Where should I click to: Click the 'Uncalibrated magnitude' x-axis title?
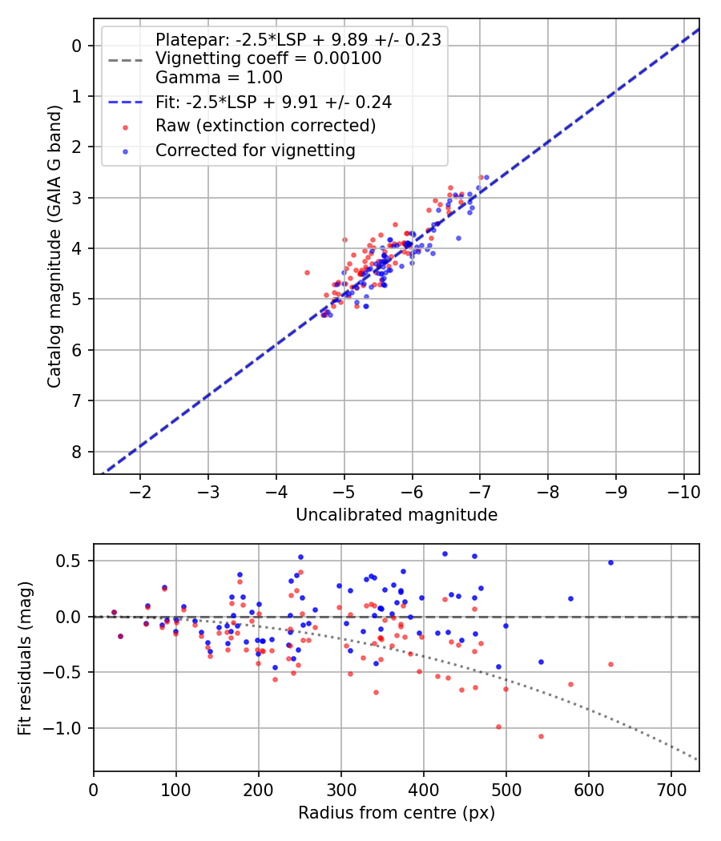(x=397, y=515)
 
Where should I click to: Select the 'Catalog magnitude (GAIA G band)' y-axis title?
(x=54, y=245)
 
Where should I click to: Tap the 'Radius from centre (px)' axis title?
(x=397, y=813)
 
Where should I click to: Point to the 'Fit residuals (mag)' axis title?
(x=26, y=658)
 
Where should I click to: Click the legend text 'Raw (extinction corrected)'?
(x=265, y=126)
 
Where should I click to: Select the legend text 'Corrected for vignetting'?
(x=255, y=150)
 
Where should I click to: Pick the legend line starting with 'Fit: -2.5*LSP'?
(x=273, y=103)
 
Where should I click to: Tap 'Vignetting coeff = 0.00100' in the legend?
(x=268, y=58)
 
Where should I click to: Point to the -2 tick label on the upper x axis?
(x=141, y=490)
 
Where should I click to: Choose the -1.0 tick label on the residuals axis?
(x=66, y=728)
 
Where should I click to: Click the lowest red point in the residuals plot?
(x=541, y=736)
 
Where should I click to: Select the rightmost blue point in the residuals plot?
(x=610, y=562)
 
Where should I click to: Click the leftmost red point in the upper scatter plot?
(x=307, y=272)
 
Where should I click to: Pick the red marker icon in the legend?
(x=125, y=127)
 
